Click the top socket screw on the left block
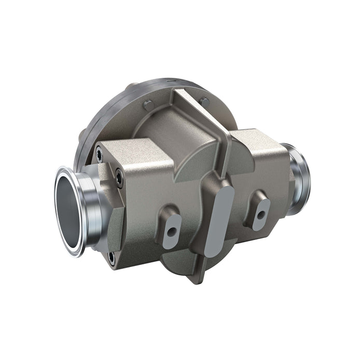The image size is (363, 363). [x=99, y=151]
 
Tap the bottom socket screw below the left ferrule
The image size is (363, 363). [x=111, y=256]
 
